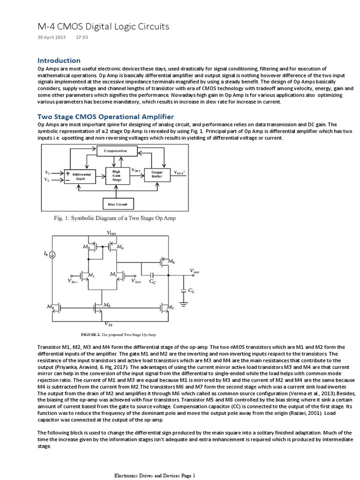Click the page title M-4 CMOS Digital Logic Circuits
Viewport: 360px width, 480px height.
click(x=103, y=27)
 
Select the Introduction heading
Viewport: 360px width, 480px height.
click(x=59, y=60)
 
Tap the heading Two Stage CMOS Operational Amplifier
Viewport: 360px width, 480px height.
click(x=105, y=116)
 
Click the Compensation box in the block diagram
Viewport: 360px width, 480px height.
click(x=116, y=151)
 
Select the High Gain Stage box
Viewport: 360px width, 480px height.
click(x=116, y=176)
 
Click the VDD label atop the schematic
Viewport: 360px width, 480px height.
click(x=112, y=233)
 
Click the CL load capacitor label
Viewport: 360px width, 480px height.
click(x=191, y=291)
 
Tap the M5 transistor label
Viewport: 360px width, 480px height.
click(x=107, y=305)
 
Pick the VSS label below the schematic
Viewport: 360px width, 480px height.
click(x=109, y=324)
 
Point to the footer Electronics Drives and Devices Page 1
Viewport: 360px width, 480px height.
click(x=155, y=475)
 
